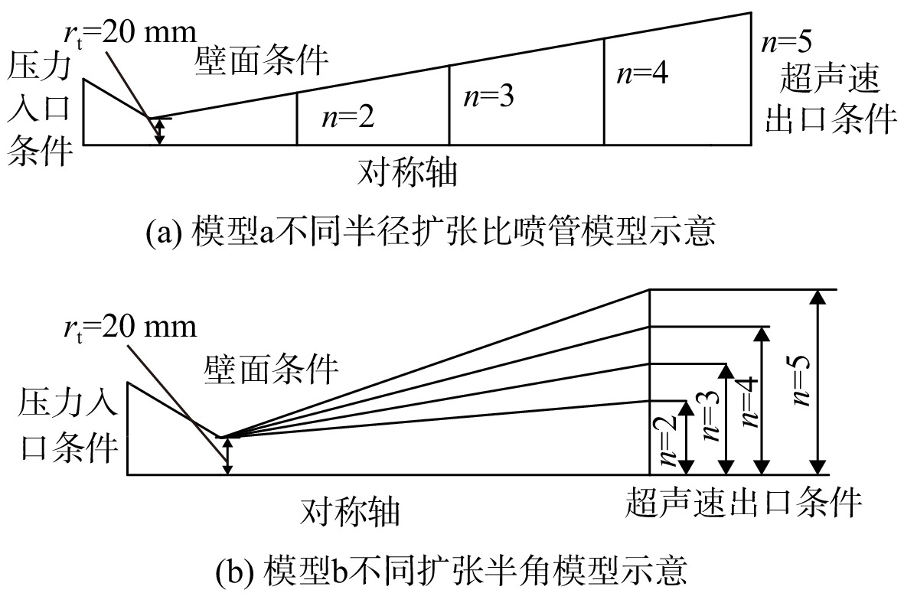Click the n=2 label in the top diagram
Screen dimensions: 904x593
pyautogui.click(x=348, y=117)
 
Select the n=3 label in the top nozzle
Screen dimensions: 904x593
pyautogui.click(x=488, y=96)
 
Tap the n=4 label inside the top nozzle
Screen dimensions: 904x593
pyautogui.click(x=642, y=73)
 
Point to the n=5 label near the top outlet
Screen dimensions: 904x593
pyautogui.click(x=786, y=41)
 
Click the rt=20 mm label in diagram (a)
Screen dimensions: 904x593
pyautogui.click(x=130, y=34)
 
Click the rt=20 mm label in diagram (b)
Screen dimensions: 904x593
pyautogui.click(x=130, y=327)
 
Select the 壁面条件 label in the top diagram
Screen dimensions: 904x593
pyautogui.click(x=262, y=60)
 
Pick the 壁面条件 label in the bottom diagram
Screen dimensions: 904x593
pyautogui.click(x=271, y=369)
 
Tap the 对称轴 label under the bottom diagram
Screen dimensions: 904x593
pyautogui.click(x=350, y=511)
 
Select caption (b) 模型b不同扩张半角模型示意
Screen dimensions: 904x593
pyautogui.click(x=452, y=569)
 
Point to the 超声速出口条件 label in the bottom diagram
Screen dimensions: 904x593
pyautogui.click(x=744, y=501)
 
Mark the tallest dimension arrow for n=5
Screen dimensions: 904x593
pyautogui.click(x=817, y=382)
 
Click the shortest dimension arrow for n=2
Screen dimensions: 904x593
pyautogui.click(x=686, y=438)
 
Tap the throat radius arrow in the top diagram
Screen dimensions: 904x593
pyautogui.click(x=160, y=132)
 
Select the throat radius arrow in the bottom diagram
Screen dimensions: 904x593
pyautogui.click(x=228, y=456)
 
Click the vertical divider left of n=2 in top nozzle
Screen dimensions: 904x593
pyautogui.click(x=297, y=118)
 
